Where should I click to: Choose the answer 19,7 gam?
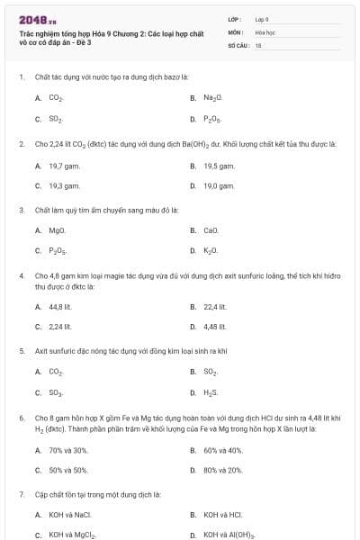tap(58, 166)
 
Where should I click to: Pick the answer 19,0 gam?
tap(219, 185)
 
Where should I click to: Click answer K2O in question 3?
tap(211, 251)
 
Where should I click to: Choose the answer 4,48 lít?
tap(214, 327)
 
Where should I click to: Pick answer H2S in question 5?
tap(211, 392)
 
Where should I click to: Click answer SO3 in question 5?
tap(55, 392)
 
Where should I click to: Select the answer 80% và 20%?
tap(223, 470)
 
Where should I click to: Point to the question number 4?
tap(21, 274)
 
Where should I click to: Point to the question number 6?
tap(21, 418)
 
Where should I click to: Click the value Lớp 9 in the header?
tap(262, 19)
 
